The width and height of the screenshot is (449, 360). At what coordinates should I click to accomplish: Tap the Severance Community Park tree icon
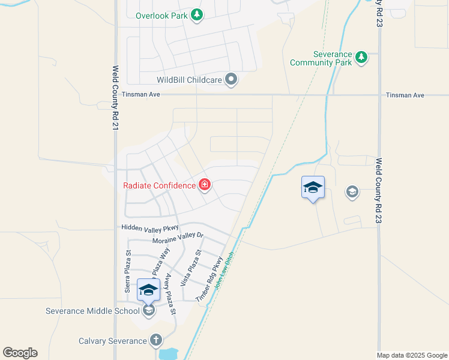coord(361,58)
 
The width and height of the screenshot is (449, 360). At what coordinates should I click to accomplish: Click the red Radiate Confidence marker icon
coord(205,185)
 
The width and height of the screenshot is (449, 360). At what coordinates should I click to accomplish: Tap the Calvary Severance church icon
coord(156,341)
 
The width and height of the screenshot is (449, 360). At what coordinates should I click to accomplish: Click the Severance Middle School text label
coord(93,311)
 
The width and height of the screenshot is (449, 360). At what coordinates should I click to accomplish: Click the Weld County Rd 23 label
coord(379,191)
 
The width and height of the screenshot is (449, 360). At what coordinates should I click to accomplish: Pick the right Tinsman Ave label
coord(405,95)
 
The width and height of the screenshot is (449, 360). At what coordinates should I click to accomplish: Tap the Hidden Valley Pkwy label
coord(150,227)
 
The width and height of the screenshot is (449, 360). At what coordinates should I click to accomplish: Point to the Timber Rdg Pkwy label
coord(209,278)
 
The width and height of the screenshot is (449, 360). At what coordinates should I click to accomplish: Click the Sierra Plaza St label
coord(127,272)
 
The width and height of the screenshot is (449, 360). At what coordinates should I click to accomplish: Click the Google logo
coord(20,353)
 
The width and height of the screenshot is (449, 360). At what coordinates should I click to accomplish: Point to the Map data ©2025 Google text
coord(411,355)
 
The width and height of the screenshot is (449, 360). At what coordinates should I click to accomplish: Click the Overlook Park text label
coord(161,16)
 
